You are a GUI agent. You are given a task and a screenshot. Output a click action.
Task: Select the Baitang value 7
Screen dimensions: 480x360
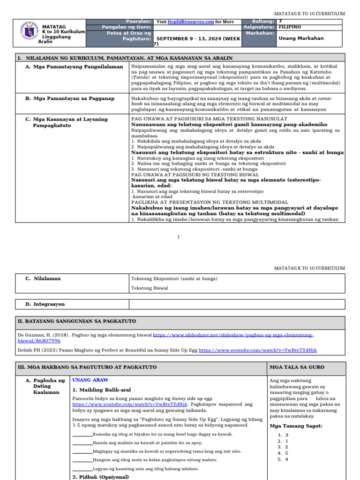[280, 22]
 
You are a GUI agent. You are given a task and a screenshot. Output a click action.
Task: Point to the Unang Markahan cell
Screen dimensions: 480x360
[301, 38]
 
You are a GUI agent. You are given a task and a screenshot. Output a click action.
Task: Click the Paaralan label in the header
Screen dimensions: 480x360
[138, 22]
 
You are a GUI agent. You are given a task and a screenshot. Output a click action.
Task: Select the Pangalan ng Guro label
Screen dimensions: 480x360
[126, 27]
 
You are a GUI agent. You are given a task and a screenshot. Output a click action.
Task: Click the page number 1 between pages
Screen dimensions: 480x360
[178, 237]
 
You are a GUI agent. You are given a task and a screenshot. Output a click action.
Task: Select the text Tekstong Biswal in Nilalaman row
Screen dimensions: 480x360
[150, 288]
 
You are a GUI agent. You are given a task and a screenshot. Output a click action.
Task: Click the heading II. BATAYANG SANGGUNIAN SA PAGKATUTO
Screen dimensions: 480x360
[76, 321]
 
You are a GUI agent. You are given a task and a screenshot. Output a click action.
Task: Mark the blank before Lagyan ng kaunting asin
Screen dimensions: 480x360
[82, 469]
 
